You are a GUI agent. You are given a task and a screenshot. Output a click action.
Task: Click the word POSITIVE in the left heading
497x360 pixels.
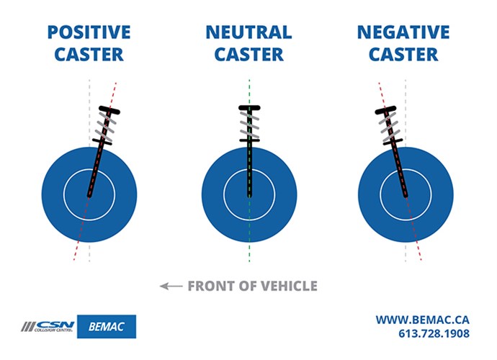tap(89, 32)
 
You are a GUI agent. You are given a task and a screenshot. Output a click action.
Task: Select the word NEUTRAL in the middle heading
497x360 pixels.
tap(248, 32)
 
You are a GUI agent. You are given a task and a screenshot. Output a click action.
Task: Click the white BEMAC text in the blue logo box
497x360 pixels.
tap(106, 326)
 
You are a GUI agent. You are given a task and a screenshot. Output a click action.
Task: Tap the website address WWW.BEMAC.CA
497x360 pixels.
tap(423, 318)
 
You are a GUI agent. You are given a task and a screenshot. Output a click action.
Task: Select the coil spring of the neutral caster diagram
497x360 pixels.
tap(249, 124)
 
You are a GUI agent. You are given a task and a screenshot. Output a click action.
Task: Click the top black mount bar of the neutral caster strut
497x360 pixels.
tap(249, 109)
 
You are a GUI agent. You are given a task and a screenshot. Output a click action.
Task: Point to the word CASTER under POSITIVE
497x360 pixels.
tap(89, 54)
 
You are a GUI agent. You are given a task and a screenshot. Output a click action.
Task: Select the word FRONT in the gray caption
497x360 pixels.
tap(210, 287)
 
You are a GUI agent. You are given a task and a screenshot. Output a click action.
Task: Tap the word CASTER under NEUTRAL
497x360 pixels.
tap(248, 54)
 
